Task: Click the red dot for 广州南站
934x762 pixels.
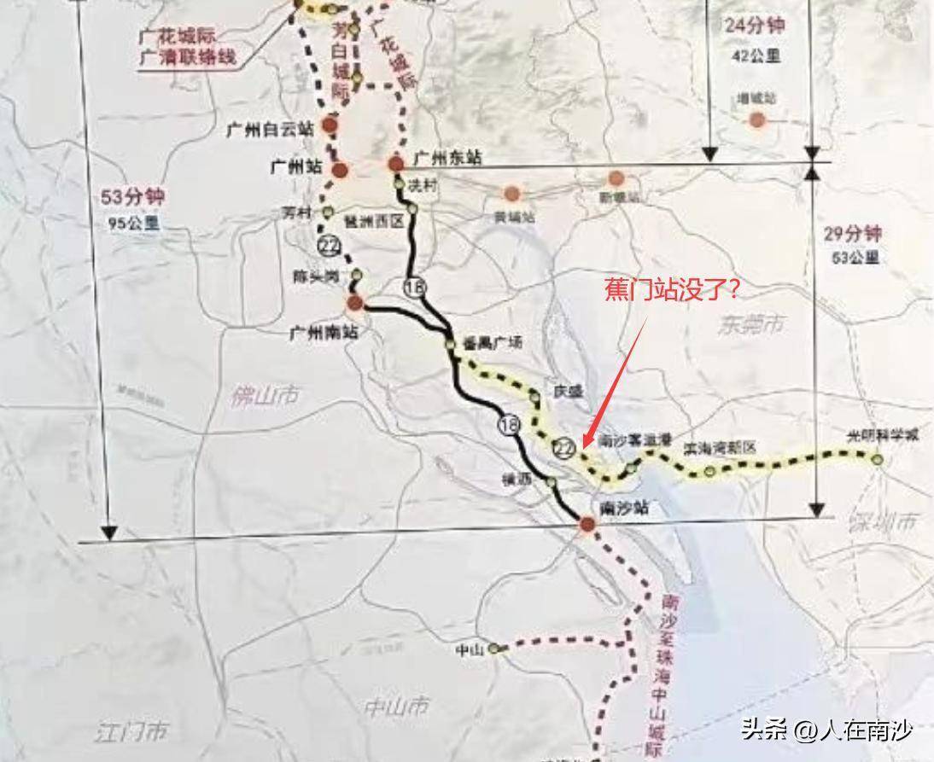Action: (355, 302)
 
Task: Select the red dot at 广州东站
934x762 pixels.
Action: (395, 163)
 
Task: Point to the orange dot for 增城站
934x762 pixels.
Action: (756, 119)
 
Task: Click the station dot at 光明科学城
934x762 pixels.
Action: (878, 460)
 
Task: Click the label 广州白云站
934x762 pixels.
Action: (270, 129)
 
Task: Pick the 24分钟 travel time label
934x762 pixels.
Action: (754, 26)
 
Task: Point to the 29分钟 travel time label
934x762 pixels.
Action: (851, 234)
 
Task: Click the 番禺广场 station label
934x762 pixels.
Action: (491, 342)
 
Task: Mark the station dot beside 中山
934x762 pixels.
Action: (494, 649)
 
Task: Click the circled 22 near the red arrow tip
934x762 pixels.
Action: (564, 449)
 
